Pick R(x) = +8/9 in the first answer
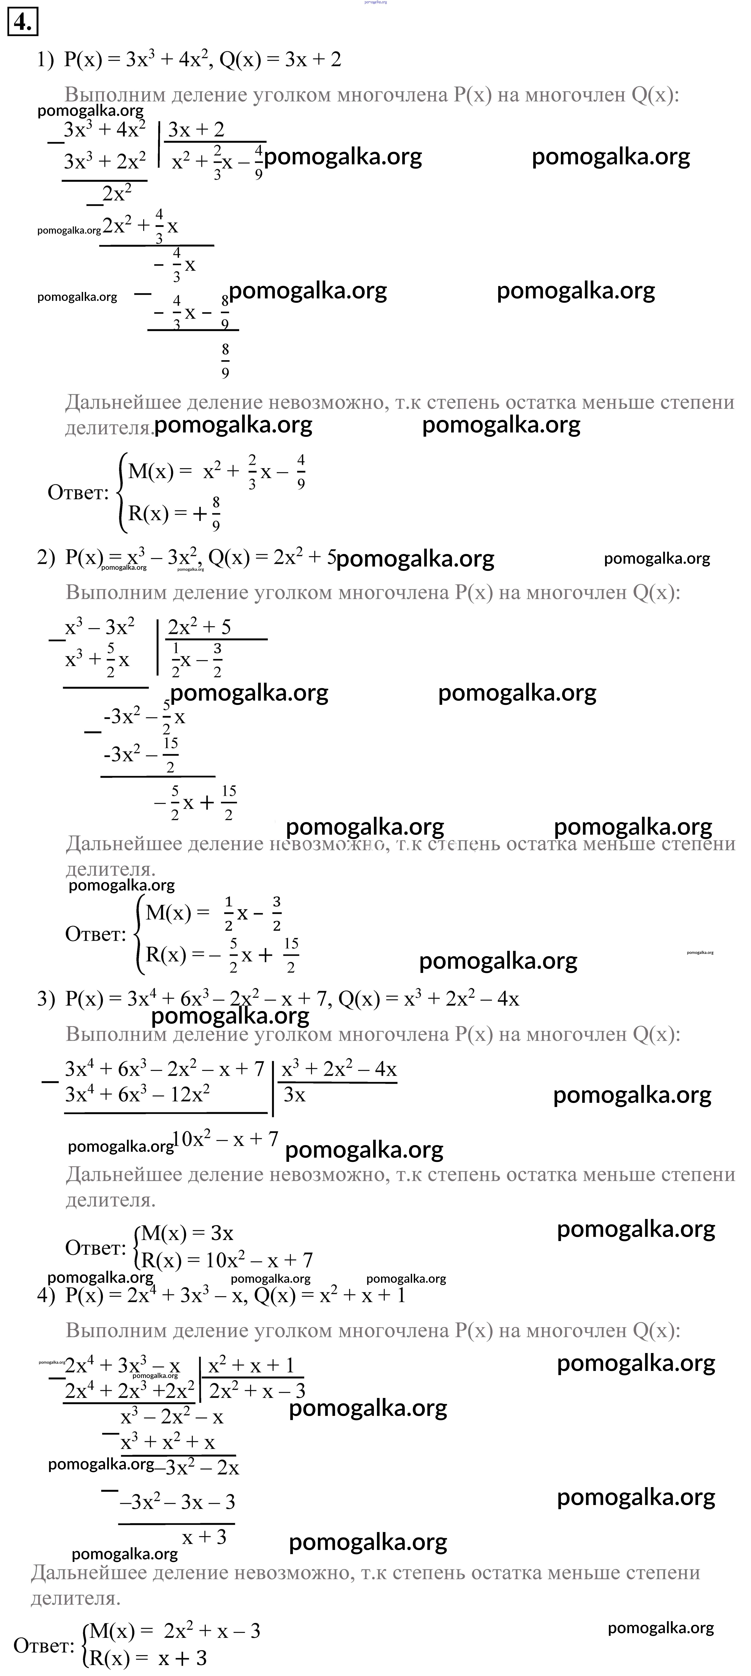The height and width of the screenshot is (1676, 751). click(x=174, y=513)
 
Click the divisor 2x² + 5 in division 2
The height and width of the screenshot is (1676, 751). click(x=199, y=627)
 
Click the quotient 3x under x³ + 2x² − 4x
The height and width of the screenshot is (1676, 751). click(x=295, y=1095)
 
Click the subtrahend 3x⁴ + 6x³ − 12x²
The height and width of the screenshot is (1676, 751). click(x=137, y=1094)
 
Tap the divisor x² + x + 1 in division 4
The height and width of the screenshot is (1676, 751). click(x=251, y=1365)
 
